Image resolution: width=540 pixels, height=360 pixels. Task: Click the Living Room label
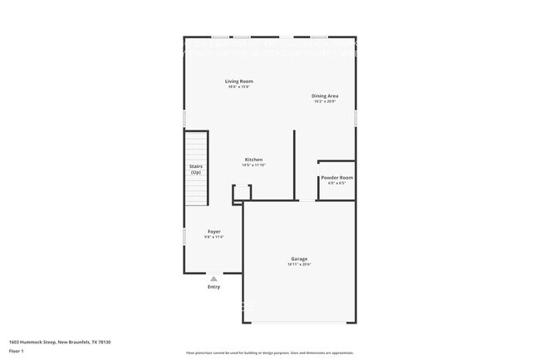tap(239, 81)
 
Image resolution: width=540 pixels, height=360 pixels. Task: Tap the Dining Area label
tap(324, 96)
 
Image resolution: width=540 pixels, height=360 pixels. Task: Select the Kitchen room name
tap(253, 159)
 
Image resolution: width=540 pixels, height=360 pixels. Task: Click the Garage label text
tap(299, 259)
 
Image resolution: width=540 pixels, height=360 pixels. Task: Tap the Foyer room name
tap(214, 231)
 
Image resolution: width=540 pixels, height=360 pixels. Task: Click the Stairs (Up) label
tap(196, 169)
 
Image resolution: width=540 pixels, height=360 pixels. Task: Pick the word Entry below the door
tap(214, 287)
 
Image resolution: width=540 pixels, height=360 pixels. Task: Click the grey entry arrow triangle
tap(214, 279)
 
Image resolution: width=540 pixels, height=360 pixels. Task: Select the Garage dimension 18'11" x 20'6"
tap(299, 264)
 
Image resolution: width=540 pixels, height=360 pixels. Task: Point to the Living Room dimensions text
tap(239, 86)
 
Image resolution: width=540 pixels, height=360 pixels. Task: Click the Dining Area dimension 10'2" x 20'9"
tap(324, 101)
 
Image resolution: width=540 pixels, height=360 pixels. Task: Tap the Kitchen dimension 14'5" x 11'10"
tap(253, 165)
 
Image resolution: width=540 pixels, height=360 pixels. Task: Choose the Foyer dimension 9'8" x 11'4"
tap(214, 237)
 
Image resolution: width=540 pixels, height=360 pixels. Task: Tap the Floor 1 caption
tap(17, 350)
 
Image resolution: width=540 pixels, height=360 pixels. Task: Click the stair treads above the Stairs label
tap(196, 145)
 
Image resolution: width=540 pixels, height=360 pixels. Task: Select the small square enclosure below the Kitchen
tap(241, 192)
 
